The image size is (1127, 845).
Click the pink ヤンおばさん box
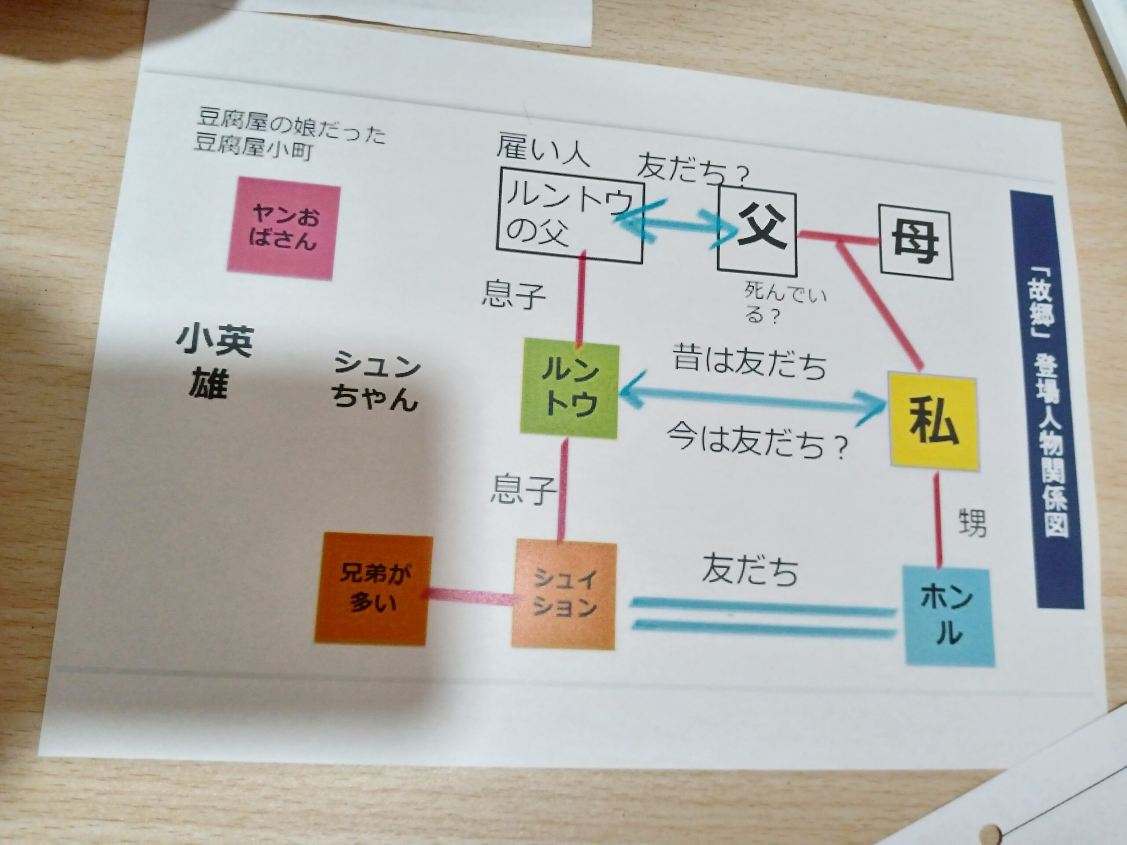[x=283, y=229]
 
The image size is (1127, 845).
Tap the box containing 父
[x=757, y=232]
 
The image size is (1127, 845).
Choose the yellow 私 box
[x=933, y=421]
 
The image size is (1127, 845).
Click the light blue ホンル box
[x=949, y=616]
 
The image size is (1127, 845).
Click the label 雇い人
[x=543, y=149]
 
